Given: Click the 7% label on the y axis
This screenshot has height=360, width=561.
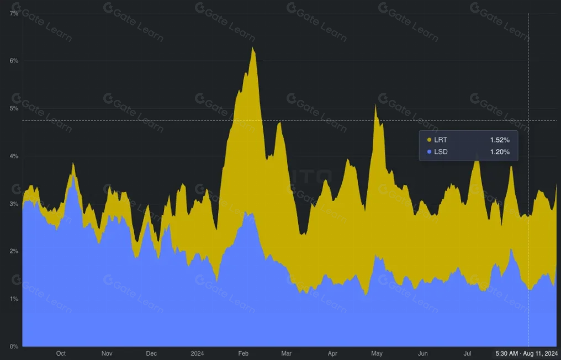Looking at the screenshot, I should (x=14, y=13).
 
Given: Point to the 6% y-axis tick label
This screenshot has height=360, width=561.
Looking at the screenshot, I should (x=14, y=61).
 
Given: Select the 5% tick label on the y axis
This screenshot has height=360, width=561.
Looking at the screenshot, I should (x=14, y=108).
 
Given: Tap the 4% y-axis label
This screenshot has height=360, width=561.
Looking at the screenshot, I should (x=14, y=156).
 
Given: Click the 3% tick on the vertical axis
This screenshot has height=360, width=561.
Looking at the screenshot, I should (x=14, y=204).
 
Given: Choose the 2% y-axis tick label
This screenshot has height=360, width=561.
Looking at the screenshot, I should (x=14, y=251).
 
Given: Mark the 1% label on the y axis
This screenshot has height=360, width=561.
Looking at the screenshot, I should (x=14, y=299).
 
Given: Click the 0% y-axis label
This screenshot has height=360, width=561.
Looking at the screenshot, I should (x=14, y=346).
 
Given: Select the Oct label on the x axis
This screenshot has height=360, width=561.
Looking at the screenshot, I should (x=61, y=353).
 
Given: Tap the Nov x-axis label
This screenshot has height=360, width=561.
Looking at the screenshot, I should (x=107, y=353).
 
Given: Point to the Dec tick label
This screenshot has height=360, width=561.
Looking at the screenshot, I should (x=151, y=353).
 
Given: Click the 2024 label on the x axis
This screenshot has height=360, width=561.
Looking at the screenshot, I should (x=197, y=353).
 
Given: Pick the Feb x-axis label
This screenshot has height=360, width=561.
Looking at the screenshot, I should (x=243, y=353).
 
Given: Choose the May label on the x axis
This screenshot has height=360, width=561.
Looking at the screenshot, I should (x=377, y=353).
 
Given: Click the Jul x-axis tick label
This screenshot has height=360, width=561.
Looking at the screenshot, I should (x=468, y=353).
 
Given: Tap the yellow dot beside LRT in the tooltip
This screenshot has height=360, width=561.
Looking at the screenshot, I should (x=429, y=140).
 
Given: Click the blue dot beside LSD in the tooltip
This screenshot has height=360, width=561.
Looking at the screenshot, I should (x=429, y=152).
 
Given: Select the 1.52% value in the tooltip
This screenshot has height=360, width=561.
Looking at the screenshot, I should (x=500, y=140).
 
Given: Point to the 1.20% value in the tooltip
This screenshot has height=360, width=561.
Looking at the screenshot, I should (x=500, y=152).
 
